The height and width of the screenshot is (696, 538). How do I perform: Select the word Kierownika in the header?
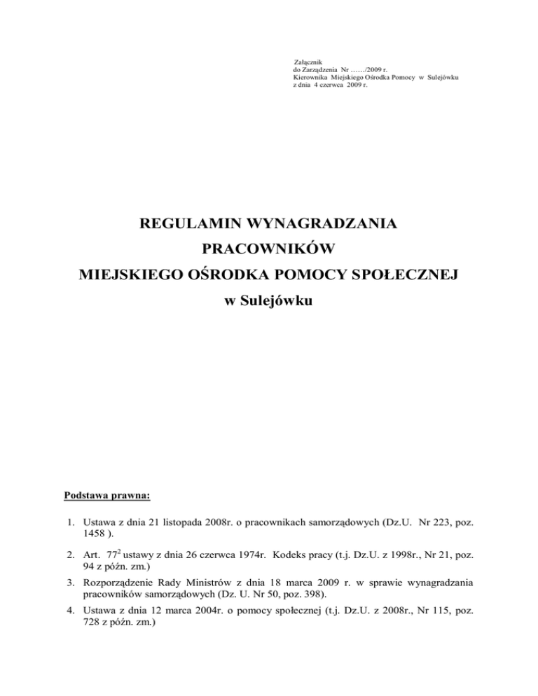click(310, 78)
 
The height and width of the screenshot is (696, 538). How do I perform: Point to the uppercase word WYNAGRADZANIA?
click(322, 225)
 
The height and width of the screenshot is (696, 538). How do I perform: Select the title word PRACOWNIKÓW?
click(270, 249)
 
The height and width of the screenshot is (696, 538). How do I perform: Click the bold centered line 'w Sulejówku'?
click(269, 301)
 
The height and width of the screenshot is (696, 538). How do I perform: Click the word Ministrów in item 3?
click(223, 584)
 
